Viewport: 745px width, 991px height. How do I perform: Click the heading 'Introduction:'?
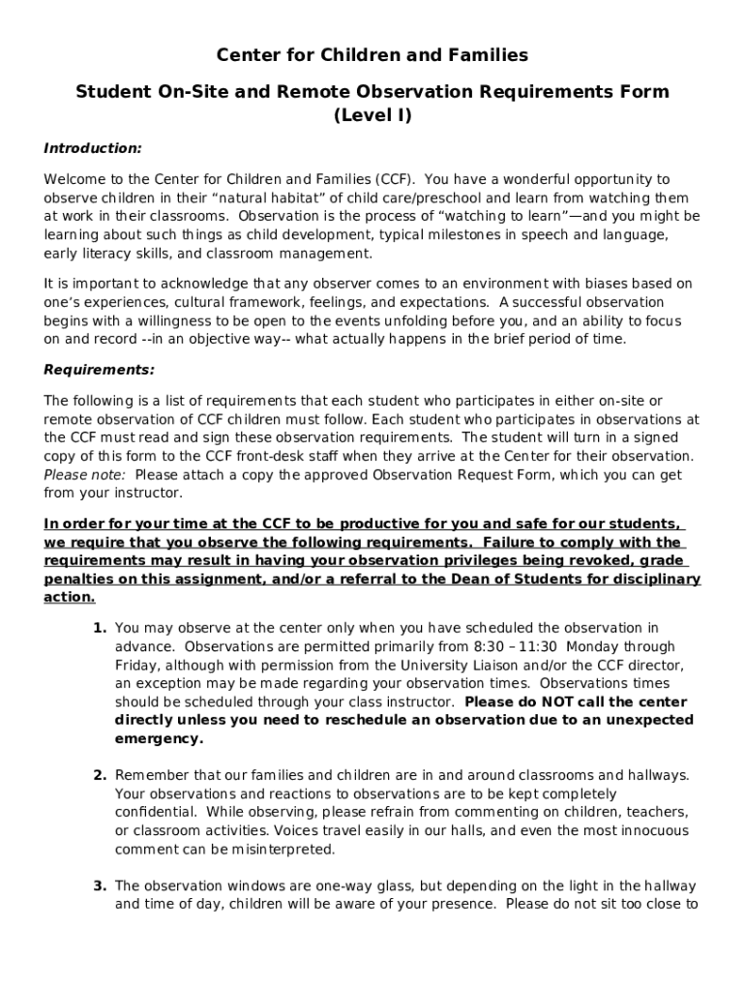point(93,148)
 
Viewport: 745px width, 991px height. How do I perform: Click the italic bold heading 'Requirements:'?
point(99,370)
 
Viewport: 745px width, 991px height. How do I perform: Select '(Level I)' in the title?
point(372,116)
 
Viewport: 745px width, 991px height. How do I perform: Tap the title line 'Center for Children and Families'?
point(372,55)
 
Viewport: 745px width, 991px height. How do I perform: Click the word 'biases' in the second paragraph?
point(622,284)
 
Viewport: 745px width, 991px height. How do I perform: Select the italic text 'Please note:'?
point(84,474)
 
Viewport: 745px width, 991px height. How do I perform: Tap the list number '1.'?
point(100,628)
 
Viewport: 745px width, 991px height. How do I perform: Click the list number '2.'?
point(100,775)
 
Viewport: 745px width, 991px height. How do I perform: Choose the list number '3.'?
point(100,886)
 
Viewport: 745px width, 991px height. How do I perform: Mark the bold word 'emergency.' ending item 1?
point(159,738)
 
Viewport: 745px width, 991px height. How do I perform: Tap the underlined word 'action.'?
point(70,597)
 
